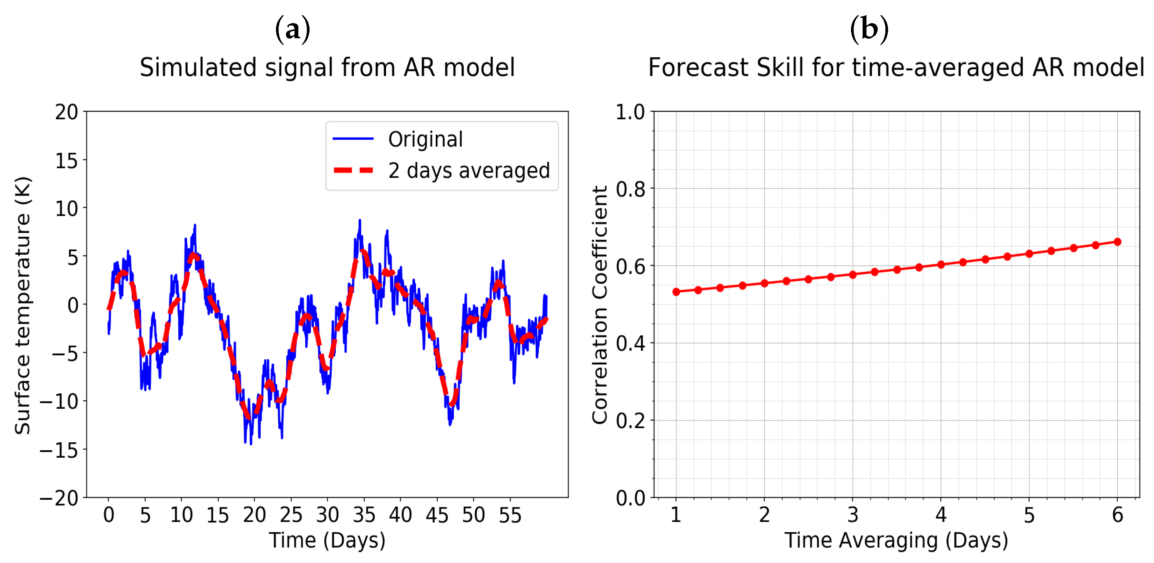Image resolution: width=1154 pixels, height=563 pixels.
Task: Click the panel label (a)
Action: click(x=292, y=30)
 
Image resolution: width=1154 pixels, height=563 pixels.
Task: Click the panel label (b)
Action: click(x=869, y=30)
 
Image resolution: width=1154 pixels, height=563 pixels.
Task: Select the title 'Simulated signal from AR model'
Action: click(x=327, y=68)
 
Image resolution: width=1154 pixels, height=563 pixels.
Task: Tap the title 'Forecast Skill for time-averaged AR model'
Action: click(x=896, y=68)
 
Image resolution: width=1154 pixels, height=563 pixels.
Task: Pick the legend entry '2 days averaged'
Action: click(x=469, y=171)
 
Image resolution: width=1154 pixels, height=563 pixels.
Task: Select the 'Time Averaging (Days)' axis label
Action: click(x=896, y=540)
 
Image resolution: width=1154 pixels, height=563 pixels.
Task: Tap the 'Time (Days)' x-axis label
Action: click(x=327, y=540)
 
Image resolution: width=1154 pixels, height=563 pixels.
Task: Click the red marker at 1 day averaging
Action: click(x=676, y=292)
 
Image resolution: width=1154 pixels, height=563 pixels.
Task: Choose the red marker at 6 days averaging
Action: click(x=1117, y=242)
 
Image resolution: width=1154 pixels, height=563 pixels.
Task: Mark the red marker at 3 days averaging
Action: click(x=853, y=275)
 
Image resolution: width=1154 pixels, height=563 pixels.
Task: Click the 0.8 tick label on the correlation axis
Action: click(x=630, y=189)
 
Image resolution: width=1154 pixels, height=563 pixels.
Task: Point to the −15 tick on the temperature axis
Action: click(x=59, y=450)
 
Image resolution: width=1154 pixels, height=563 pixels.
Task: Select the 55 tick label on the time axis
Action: click(x=510, y=515)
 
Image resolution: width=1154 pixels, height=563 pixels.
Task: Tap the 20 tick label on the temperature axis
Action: click(x=66, y=112)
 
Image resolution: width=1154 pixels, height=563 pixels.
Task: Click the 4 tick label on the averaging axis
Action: click(x=941, y=515)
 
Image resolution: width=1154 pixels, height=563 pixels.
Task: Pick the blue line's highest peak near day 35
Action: click(x=359, y=220)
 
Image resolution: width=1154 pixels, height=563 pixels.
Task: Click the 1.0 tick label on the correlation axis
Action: click(x=630, y=112)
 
